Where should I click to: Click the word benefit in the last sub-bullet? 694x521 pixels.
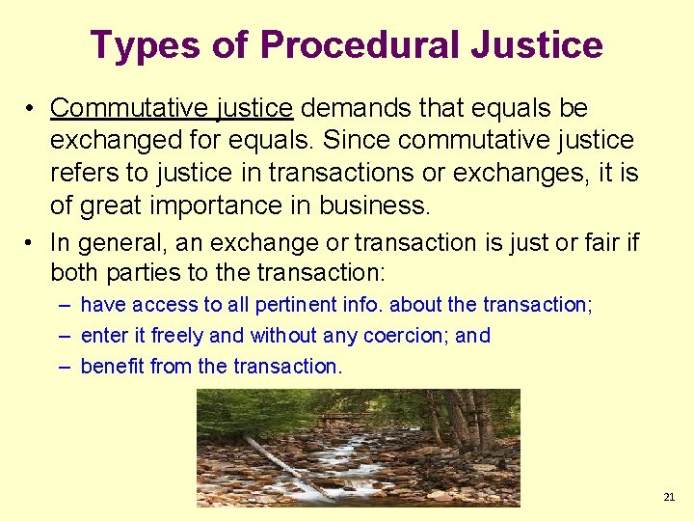(x=115, y=367)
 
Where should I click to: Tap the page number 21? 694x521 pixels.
(x=669, y=497)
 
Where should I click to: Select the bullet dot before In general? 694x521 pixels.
(x=33, y=242)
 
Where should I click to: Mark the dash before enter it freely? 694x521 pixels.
(x=63, y=336)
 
